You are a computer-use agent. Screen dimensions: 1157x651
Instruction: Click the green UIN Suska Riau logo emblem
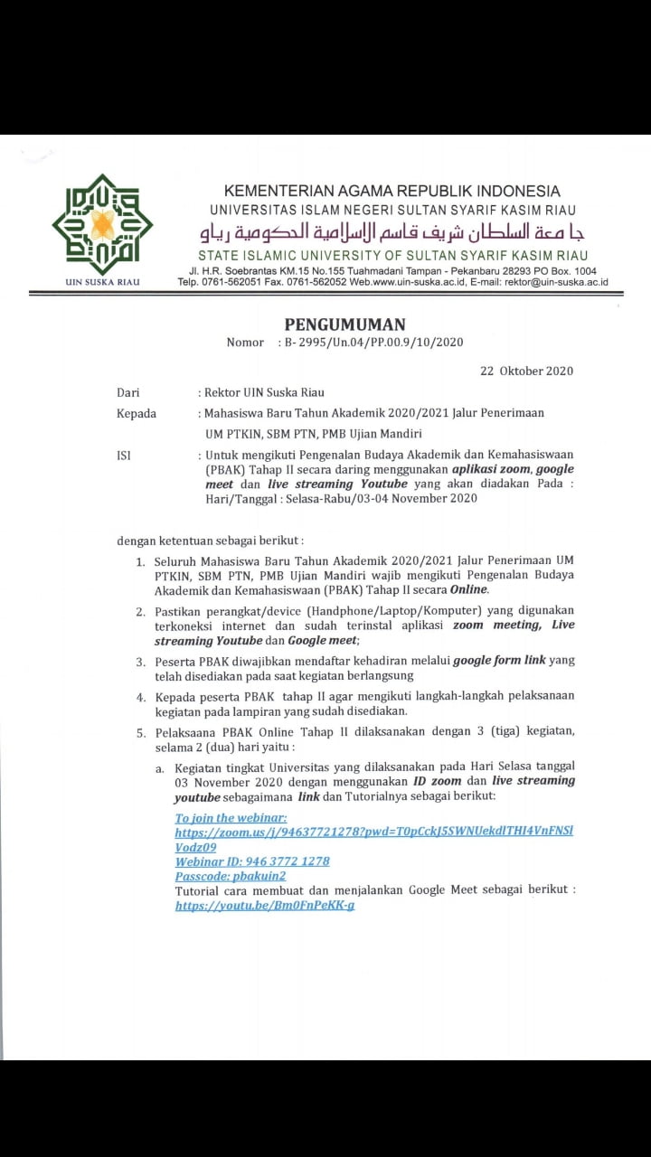(x=102, y=224)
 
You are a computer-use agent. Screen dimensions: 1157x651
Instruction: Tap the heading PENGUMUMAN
(x=345, y=325)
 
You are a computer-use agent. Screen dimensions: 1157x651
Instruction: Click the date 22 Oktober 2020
(x=526, y=371)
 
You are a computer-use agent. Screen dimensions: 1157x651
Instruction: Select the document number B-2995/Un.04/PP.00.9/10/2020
(x=373, y=342)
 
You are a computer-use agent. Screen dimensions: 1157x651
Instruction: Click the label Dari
(x=127, y=392)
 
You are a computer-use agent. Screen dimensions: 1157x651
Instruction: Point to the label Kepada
(x=137, y=413)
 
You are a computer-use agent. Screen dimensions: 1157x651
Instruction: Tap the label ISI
(x=124, y=456)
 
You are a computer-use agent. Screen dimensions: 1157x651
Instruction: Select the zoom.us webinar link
(x=373, y=831)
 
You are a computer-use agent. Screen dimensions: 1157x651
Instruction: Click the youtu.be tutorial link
(x=265, y=905)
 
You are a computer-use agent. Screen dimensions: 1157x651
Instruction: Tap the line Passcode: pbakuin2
(x=231, y=876)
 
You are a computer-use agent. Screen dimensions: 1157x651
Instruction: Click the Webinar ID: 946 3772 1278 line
(x=252, y=861)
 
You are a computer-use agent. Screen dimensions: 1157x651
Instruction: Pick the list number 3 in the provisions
(x=141, y=661)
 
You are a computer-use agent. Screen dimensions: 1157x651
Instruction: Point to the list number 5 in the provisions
(x=141, y=730)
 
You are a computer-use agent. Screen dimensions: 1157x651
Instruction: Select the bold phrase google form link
(x=499, y=661)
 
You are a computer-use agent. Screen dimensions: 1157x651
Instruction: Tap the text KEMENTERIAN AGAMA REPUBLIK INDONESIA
(x=392, y=191)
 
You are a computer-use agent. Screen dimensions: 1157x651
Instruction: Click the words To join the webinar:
(x=231, y=817)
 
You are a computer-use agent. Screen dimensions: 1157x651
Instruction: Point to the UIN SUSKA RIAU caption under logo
(x=102, y=282)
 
